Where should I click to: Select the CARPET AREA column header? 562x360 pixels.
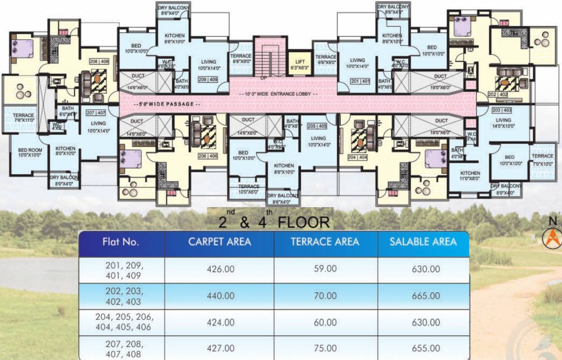[x=220, y=242]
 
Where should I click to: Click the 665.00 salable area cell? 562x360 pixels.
[x=423, y=296]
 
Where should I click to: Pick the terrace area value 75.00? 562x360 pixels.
[x=326, y=348]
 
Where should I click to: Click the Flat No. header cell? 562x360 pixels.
[x=121, y=242]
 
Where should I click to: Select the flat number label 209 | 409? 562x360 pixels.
[x=208, y=80]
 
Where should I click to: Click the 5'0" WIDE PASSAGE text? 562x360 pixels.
[x=167, y=104]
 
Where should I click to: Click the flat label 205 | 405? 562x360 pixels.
[x=317, y=126]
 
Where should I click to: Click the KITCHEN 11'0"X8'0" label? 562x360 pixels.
[x=470, y=176]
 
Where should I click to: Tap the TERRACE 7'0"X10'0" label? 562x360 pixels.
[x=542, y=159]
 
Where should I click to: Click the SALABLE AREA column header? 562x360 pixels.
[x=423, y=242]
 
